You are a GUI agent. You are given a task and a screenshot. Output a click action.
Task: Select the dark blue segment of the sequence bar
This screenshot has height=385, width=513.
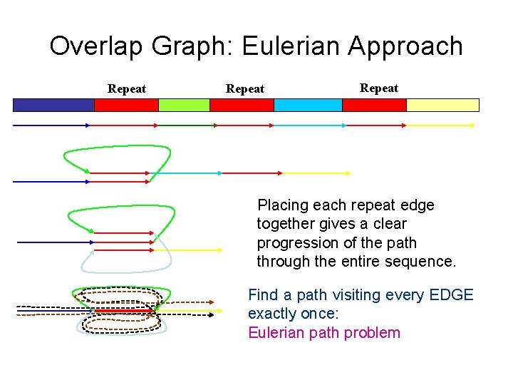(x=53, y=105)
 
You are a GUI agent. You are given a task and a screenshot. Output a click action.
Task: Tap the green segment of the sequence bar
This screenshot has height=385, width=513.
(x=184, y=105)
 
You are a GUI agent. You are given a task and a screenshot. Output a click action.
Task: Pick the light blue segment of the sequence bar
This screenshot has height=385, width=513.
(x=308, y=105)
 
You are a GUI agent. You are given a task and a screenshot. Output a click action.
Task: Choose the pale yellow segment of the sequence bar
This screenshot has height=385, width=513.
(x=442, y=105)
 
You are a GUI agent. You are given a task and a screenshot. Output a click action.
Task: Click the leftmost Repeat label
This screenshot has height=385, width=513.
(x=127, y=89)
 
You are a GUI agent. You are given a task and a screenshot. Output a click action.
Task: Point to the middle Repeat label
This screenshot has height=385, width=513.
(x=245, y=89)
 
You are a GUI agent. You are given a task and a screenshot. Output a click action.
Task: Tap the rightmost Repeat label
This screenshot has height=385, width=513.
(x=379, y=88)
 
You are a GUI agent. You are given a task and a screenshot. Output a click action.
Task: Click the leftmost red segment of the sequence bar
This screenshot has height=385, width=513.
(x=126, y=105)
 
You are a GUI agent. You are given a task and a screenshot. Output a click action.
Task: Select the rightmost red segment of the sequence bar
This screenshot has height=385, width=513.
(x=374, y=105)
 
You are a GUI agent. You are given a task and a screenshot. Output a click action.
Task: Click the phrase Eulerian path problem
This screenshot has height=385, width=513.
(x=324, y=333)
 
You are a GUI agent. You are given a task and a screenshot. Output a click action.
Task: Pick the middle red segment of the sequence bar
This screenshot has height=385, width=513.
(x=242, y=105)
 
